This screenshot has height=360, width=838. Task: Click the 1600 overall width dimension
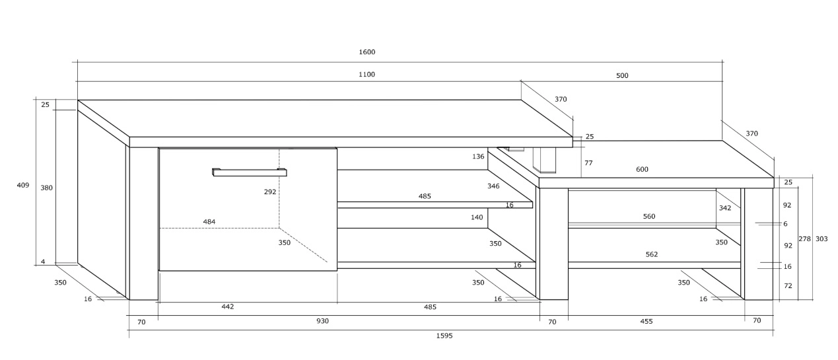367,52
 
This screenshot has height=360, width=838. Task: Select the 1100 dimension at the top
367,75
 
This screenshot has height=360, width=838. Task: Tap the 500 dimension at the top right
622,75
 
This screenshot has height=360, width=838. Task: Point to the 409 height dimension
23,186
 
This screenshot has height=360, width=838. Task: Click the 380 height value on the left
46,188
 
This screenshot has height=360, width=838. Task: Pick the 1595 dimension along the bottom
444,336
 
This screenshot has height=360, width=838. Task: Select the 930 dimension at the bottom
322,321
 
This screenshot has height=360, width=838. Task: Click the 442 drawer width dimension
228,306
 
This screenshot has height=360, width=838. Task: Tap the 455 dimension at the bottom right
646,322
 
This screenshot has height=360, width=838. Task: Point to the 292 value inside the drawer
269,192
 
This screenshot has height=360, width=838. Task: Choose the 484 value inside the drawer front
209,222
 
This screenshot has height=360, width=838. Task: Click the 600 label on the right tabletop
642,170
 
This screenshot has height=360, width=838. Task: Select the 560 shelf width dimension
649,217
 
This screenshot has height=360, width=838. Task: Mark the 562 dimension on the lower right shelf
651,254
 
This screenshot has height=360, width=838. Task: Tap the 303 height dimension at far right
821,238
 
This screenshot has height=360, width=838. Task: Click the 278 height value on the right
804,238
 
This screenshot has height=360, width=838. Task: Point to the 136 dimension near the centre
479,157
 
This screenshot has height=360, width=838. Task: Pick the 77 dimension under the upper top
589,162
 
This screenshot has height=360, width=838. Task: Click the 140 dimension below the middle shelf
477,217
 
